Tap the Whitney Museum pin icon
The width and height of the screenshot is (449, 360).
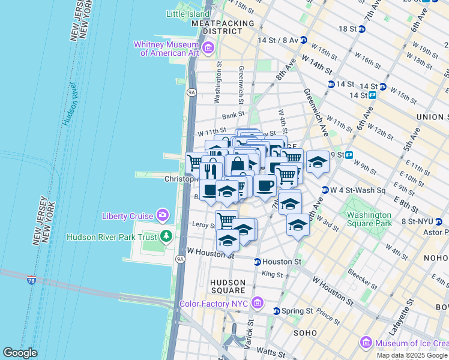coord(208,48)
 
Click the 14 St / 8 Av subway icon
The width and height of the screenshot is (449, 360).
coord(304,40)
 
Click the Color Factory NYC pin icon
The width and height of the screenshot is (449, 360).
coord(258,304)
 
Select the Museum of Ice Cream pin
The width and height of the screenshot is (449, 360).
coord(366,343)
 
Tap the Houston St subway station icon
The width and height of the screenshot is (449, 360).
coord(257,262)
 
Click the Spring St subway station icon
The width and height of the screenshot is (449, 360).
coord(276,311)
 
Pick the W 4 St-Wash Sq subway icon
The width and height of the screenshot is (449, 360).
coord(325,190)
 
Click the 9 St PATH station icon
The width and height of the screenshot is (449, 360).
coord(348,155)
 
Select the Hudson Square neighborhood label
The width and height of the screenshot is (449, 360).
coord(228,286)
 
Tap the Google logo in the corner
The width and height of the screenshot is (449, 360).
coord(20,353)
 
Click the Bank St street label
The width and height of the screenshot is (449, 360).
coord(234,115)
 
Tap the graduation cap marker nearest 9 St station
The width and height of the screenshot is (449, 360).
coord(318,161)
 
